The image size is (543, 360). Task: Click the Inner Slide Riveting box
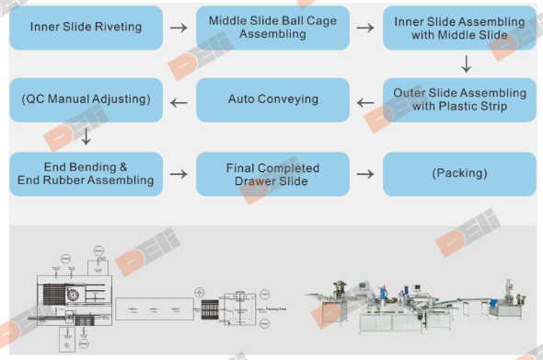(x=87, y=27)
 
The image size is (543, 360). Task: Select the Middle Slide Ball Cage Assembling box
(x=272, y=27)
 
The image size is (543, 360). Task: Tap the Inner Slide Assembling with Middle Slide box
(x=459, y=27)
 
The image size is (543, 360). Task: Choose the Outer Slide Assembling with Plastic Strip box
(x=459, y=99)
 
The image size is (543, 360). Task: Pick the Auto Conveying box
(x=272, y=99)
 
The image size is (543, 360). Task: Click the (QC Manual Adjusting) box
(x=87, y=99)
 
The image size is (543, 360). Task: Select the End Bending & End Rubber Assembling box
(x=87, y=173)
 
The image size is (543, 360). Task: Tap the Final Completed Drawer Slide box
(x=272, y=173)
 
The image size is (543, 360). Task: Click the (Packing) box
(x=459, y=173)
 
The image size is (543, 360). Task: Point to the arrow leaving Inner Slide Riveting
(x=179, y=28)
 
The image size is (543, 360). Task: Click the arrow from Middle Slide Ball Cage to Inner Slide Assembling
(x=365, y=28)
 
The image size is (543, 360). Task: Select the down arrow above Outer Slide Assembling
(x=466, y=64)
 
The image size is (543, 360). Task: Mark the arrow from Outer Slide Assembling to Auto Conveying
(x=365, y=100)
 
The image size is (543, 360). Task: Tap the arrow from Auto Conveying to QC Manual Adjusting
(x=179, y=100)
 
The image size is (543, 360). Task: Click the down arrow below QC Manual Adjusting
(x=86, y=137)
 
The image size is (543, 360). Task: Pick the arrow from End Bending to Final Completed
(x=179, y=174)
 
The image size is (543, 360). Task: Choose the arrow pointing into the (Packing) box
(x=365, y=174)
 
